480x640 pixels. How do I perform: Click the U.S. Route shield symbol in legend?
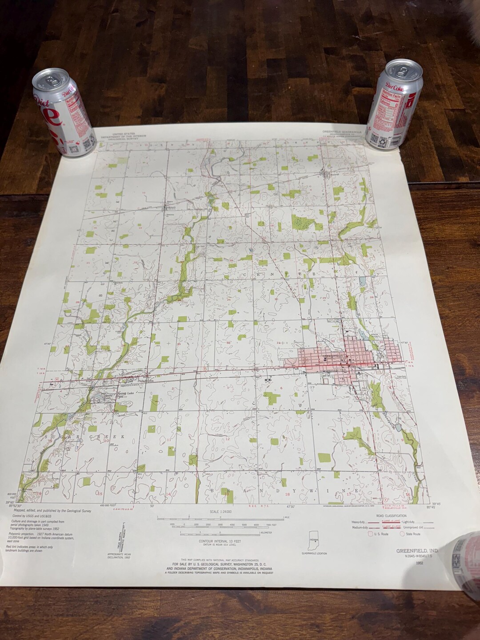(372, 534)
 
